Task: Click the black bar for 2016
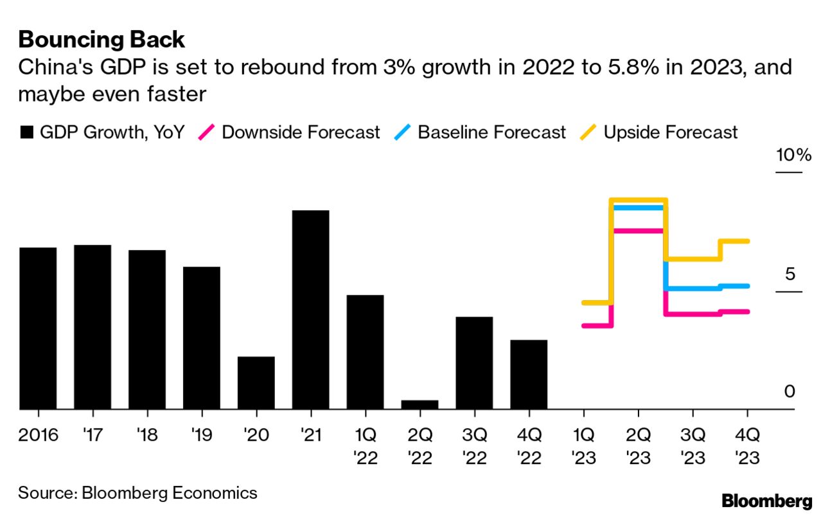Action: coord(38,328)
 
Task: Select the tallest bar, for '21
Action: coord(310,309)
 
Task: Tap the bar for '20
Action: coord(256,382)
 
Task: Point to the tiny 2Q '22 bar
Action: coord(419,404)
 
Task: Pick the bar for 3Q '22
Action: coord(474,362)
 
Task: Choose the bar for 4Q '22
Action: coord(529,374)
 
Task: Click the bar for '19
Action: coord(202,337)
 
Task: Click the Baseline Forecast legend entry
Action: coord(481,132)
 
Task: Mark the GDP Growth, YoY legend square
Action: coord(26,132)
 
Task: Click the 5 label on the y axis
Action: coord(790,274)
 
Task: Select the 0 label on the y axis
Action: coord(790,391)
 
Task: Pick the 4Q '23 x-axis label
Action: coord(747,447)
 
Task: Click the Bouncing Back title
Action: coord(102,40)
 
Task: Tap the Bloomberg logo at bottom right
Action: coord(766,501)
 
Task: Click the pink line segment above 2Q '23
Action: coord(638,230)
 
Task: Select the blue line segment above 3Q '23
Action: coord(693,288)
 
